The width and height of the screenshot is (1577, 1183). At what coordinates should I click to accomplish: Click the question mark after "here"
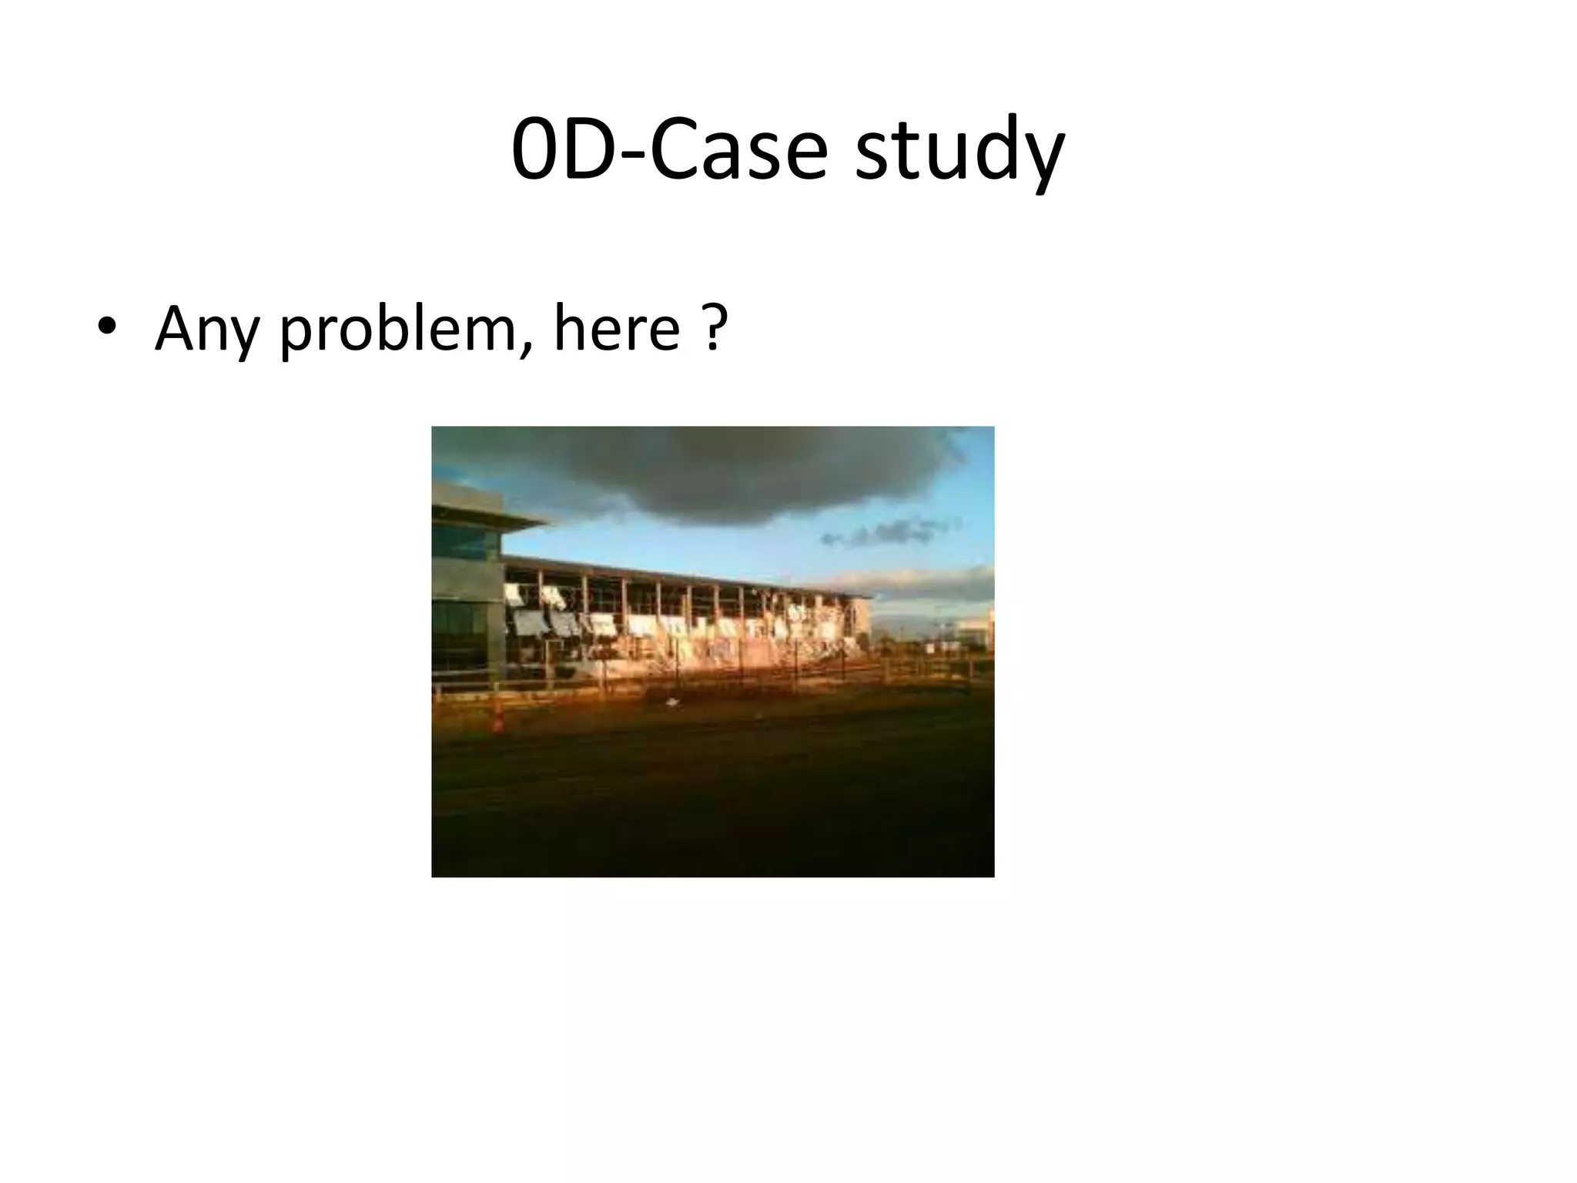tap(715, 327)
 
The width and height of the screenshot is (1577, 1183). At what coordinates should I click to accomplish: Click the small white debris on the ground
tap(672, 702)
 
